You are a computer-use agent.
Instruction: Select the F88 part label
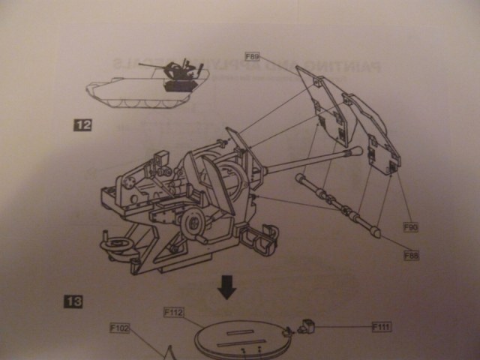click(x=410, y=256)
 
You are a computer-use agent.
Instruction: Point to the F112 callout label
click(x=172, y=312)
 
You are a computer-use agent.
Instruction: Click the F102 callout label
click(x=120, y=328)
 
